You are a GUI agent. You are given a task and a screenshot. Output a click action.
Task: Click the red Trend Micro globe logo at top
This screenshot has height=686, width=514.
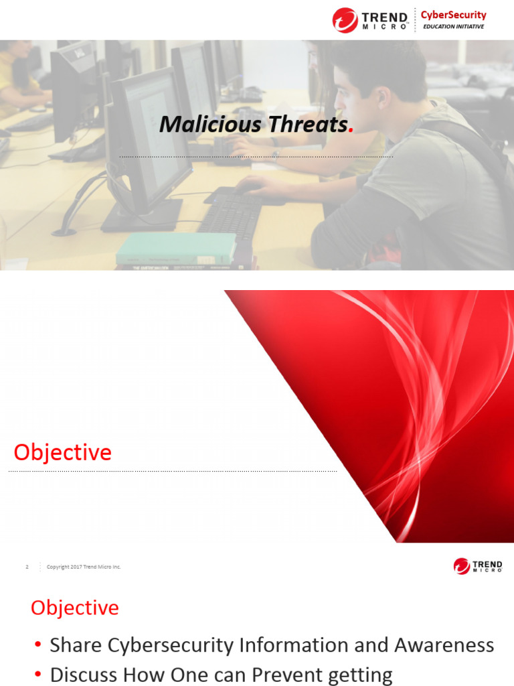coord(345,20)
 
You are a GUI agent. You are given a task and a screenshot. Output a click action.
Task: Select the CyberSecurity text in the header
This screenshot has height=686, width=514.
coord(453,15)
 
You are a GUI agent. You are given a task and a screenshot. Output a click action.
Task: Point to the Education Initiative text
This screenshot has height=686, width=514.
coord(453,27)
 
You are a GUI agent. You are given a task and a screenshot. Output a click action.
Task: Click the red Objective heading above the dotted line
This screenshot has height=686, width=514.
coord(62,452)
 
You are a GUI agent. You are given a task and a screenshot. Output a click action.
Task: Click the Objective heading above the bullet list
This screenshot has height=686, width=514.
coord(74,608)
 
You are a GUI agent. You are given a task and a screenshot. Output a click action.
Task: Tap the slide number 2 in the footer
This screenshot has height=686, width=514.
coord(27,567)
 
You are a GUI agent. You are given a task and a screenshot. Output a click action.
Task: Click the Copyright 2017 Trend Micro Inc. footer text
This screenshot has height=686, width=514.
coord(84,567)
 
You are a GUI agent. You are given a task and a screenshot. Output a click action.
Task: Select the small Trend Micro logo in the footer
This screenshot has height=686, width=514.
coord(477,566)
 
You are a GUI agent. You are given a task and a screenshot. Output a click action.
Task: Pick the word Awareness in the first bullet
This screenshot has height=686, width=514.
coord(444,645)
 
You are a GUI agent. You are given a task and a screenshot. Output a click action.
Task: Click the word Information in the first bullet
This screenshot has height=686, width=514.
coord(298,645)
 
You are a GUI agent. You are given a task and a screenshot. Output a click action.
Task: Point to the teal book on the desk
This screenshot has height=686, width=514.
coord(176,248)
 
